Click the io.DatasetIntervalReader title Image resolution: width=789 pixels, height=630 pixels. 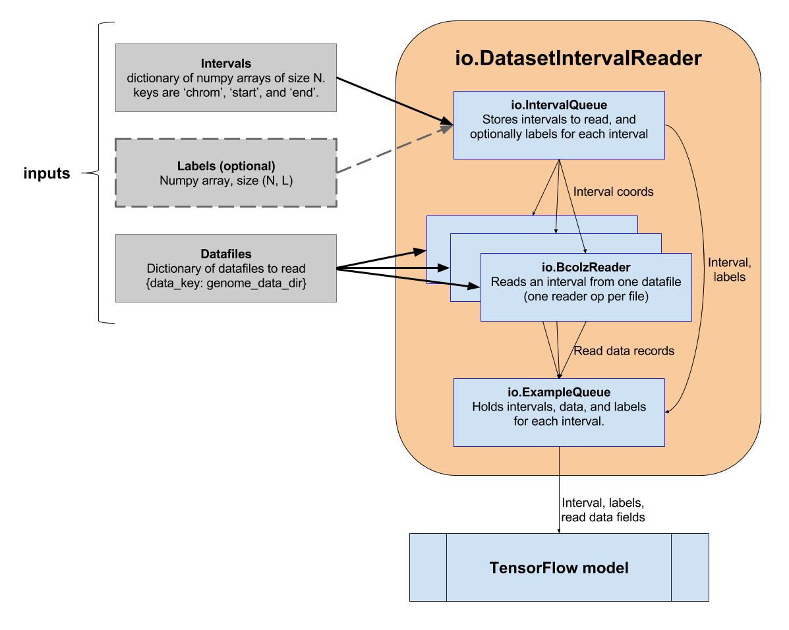tap(578, 58)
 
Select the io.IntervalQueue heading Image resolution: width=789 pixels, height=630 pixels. tap(559, 105)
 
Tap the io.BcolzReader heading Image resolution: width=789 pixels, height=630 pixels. tap(586, 267)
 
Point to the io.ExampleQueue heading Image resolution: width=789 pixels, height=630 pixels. tap(559, 393)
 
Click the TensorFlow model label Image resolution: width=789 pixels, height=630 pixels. tap(559, 567)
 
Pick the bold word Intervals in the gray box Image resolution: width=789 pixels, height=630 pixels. tap(226, 64)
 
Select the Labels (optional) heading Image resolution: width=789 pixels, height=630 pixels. tap(226, 165)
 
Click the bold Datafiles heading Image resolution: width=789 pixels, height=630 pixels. tap(226, 254)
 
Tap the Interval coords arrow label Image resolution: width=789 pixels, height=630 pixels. tap(613, 192)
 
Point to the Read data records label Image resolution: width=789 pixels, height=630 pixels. tap(624, 351)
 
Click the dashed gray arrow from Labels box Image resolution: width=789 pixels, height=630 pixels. tap(395, 149)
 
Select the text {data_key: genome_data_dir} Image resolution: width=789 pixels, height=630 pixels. tap(226, 283)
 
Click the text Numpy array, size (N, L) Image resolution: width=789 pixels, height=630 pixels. tap(226, 180)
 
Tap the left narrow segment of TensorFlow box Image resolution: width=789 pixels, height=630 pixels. tap(428, 567)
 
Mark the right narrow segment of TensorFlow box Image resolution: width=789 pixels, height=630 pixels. tap(689, 567)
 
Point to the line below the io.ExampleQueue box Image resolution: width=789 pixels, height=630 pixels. tap(559, 461)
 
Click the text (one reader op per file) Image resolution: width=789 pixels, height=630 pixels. tap(586, 297)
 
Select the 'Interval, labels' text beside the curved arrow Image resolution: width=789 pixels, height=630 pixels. tap(729, 270)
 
